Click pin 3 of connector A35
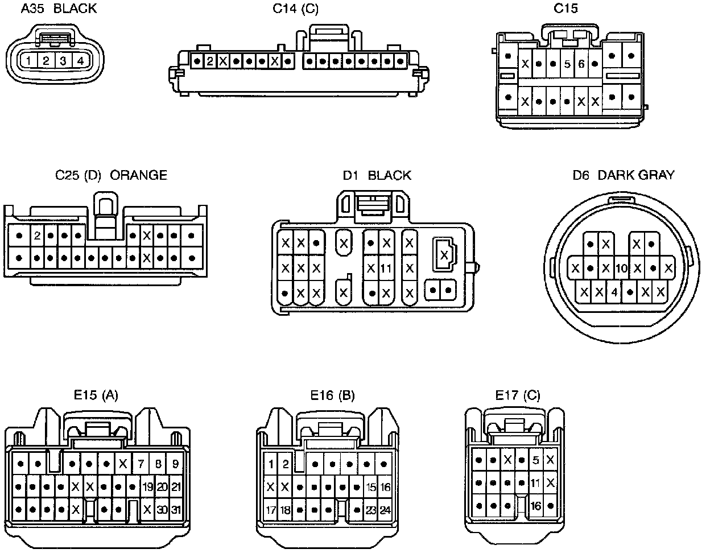(63, 61)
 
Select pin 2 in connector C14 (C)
(210, 61)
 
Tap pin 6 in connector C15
(581, 63)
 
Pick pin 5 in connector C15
(567, 63)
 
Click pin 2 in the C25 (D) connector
(37, 235)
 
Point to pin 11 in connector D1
(386, 268)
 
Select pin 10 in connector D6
(621, 268)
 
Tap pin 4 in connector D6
(614, 292)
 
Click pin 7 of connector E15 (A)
(141, 464)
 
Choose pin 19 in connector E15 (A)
(148, 487)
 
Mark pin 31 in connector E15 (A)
(176, 510)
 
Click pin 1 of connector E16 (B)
(271, 464)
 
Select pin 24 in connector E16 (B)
(385, 510)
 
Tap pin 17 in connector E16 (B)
(271, 510)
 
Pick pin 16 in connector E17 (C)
(535, 506)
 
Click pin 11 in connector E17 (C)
(535, 482)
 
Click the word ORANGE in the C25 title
(139, 175)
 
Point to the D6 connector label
(581, 175)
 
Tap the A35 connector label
(32, 9)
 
